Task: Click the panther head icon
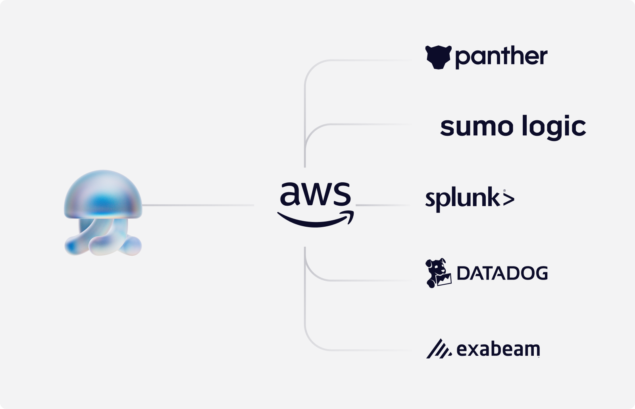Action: click(x=438, y=57)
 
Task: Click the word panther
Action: click(x=501, y=57)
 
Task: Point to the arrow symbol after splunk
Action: click(x=508, y=199)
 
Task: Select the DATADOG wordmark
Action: click(x=502, y=273)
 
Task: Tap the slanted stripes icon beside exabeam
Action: click(x=438, y=349)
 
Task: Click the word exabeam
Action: click(x=498, y=349)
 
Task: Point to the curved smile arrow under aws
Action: click(x=316, y=220)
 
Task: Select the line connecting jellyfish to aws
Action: click(x=198, y=205)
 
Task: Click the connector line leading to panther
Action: click(x=357, y=60)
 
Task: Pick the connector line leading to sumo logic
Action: click(x=357, y=125)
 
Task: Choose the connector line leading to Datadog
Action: click(x=357, y=280)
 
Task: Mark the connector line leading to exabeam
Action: click(x=357, y=350)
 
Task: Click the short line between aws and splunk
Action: click(x=381, y=205)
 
